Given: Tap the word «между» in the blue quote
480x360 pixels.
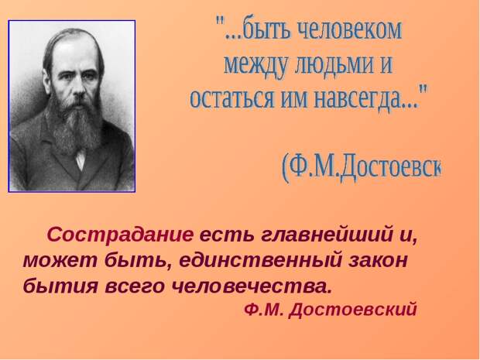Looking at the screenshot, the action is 256,65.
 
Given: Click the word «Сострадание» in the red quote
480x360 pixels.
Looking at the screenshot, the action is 120,235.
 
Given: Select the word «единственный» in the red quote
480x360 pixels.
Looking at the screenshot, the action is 260,261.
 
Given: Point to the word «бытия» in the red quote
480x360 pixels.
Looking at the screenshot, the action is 60,286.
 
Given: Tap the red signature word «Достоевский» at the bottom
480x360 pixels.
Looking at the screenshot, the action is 353,310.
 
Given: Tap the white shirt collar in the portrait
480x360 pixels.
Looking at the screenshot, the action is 81,159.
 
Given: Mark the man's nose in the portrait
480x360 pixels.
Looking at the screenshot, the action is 78,88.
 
